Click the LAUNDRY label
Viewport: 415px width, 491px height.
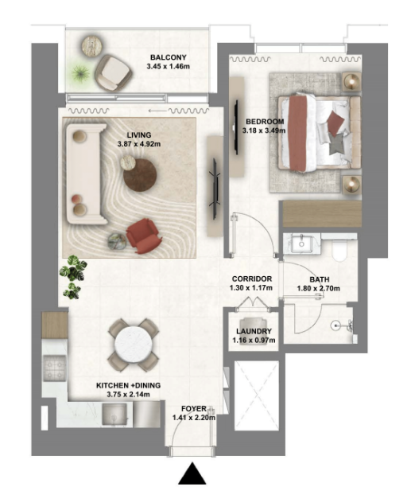click(x=254, y=331)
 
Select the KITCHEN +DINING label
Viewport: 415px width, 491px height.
click(x=128, y=386)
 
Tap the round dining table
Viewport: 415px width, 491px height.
click(x=132, y=345)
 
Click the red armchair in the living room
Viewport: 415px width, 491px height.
click(x=144, y=234)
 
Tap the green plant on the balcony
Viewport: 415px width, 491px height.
click(x=80, y=73)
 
